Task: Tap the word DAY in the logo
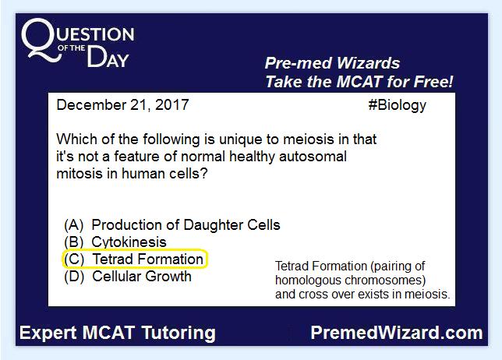[108, 57]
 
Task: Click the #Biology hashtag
[398, 106]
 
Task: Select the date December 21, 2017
[122, 105]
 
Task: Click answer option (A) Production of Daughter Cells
[172, 225]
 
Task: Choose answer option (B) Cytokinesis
[115, 242]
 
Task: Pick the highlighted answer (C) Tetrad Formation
[135, 259]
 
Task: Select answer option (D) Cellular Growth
[128, 277]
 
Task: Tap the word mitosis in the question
[77, 174]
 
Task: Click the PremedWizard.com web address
[397, 333]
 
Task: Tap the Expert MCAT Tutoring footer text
[118, 333]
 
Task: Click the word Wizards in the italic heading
[369, 63]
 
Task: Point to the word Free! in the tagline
[433, 82]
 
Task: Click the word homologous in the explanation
[308, 281]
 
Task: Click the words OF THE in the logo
[72, 48]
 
